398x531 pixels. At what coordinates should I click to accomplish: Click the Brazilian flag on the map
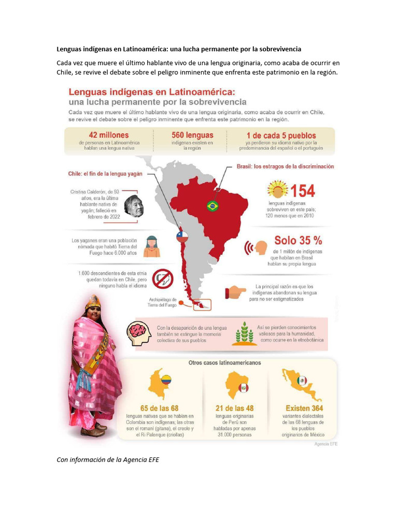click(x=212, y=205)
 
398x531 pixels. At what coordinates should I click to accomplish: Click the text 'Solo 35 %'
click(x=298, y=241)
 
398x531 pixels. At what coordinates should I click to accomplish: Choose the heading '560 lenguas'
click(x=192, y=135)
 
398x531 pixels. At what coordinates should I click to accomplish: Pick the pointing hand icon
click(x=236, y=292)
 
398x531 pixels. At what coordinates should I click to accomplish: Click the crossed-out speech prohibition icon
click(x=163, y=279)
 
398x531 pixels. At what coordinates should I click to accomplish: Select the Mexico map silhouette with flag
click(x=301, y=384)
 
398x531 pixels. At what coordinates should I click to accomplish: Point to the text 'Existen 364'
click(x=305, y=408)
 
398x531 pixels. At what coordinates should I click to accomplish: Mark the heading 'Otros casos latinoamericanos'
click(x=224, y=363)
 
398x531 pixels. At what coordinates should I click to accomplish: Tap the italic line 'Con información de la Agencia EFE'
click(x=108, y=459)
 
